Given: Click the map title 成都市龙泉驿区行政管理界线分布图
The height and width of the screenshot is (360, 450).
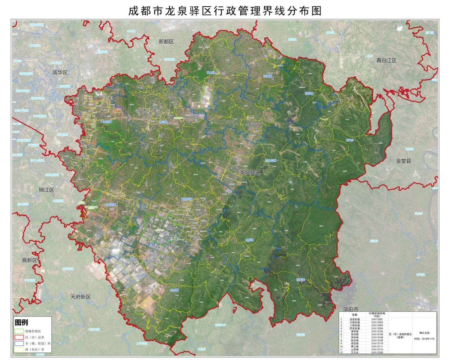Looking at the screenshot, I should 225,10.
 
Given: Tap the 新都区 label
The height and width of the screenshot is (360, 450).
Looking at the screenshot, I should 166,41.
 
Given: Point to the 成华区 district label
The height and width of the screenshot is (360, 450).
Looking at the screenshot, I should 60,72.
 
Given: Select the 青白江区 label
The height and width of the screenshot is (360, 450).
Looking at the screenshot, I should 386,60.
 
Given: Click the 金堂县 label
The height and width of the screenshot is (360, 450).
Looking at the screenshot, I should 404,161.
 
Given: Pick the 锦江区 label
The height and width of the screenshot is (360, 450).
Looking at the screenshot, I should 47,190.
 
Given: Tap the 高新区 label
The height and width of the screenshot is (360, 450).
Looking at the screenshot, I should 29,260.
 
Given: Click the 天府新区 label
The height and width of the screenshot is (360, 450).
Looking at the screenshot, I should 81,297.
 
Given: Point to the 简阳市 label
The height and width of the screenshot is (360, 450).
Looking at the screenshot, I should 351,309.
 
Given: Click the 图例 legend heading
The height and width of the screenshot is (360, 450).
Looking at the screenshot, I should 21,322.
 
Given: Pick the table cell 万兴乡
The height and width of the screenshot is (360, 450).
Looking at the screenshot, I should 355,352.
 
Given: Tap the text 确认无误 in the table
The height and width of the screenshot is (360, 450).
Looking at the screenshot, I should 424,333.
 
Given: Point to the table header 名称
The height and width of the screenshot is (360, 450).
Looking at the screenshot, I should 355,314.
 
